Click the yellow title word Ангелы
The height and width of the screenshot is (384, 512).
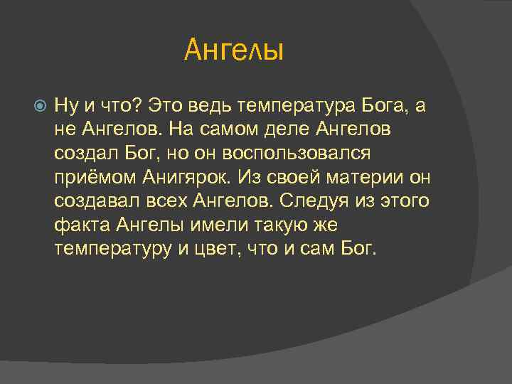[x=234, y=50]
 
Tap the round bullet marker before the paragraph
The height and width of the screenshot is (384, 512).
[x=40, y=107]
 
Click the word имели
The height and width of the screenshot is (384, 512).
[x=210, y=225]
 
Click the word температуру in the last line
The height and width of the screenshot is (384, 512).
[x=110, y=250]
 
